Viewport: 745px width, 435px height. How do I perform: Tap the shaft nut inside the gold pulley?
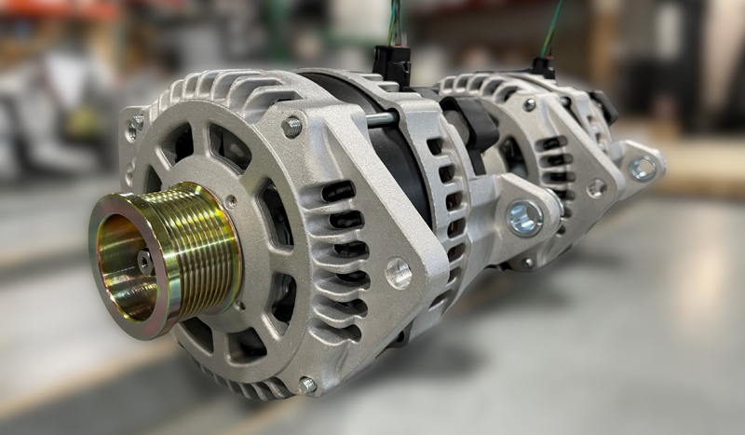(144, 262)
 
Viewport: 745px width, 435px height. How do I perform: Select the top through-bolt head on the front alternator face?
(292, 127)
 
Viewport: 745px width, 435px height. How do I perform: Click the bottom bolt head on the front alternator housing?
(306, 385)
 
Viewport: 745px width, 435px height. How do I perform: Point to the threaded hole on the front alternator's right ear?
(399, 273)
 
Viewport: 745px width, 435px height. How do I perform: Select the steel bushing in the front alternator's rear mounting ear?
(524, 218)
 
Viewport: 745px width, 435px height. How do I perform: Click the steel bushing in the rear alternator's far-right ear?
(642, 169)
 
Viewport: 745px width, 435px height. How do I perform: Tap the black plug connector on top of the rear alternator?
(543, 67)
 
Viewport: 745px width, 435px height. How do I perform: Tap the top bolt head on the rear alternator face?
(529, 105)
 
